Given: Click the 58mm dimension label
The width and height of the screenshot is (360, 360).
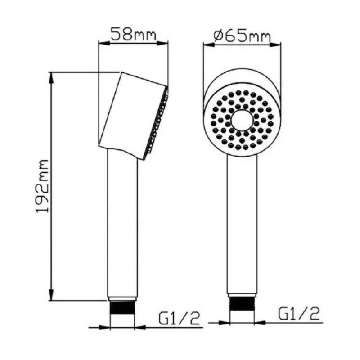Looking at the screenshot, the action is pyautogui.click(x=133, y=35).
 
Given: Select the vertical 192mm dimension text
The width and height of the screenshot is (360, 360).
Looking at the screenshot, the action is pyautogui.click(x=42, y=186).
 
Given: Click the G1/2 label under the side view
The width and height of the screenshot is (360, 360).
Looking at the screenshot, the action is pyautogui.click(x=179, y=318).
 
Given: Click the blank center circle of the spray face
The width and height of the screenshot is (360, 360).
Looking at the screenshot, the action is pyautogui.click(x=242, y=121).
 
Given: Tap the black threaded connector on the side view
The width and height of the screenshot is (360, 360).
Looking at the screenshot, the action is pyautogui.click(x=122, y=308).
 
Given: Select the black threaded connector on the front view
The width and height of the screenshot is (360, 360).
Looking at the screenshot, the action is pyautogui.click(x=242, y=304).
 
